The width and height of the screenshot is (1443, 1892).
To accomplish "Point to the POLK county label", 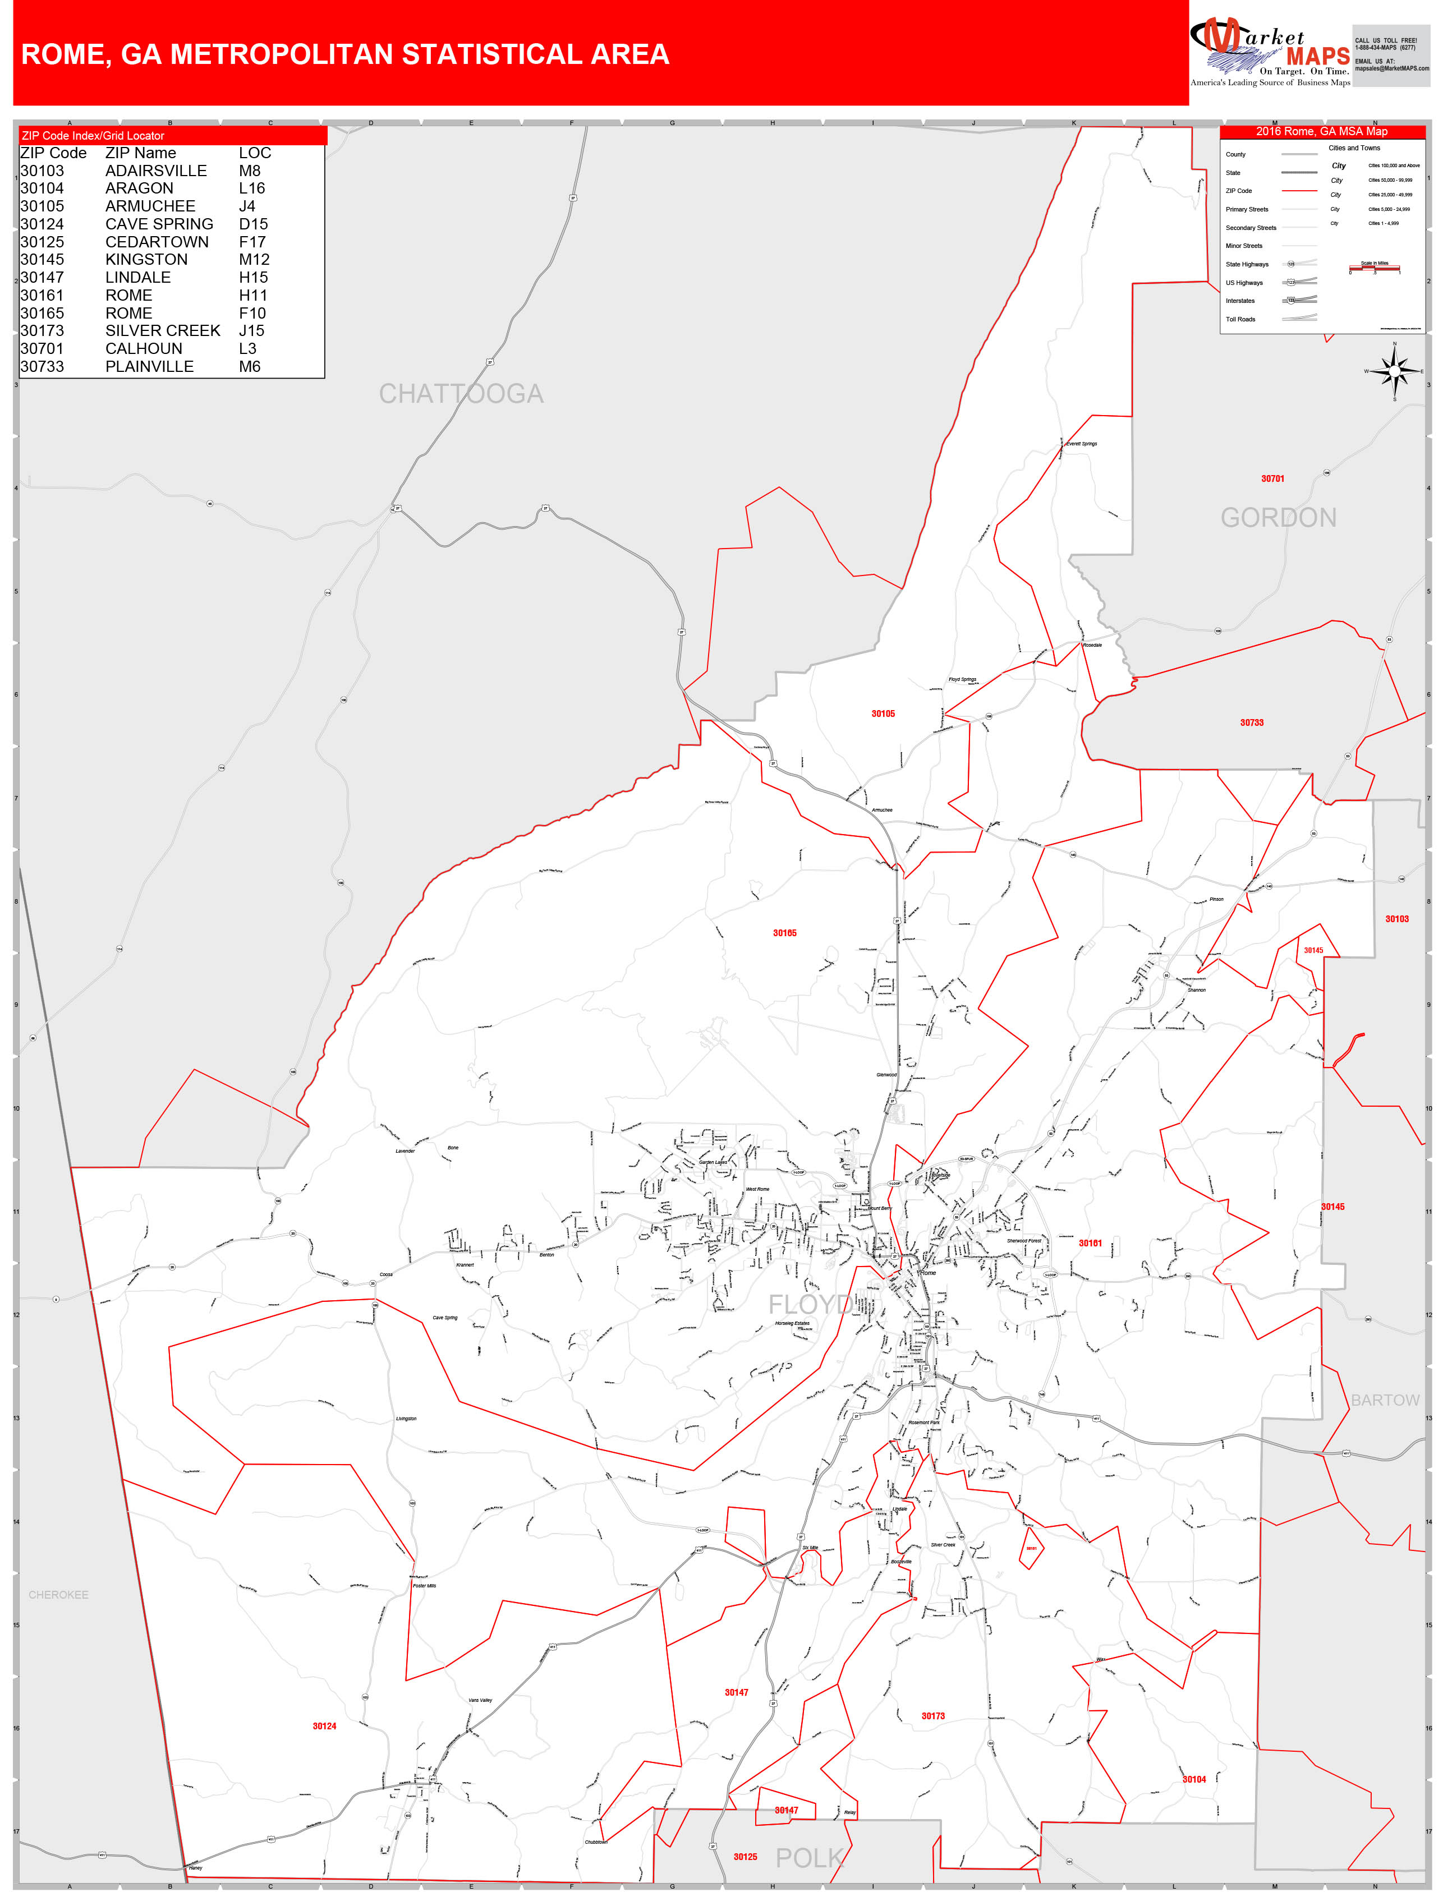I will tap(808, 1858).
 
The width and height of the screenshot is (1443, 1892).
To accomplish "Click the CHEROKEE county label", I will tap(58, 1594).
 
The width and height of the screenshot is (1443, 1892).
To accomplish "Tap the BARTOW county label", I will tap(1385, 1400).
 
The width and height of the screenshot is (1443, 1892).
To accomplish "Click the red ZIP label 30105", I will tap(883, 713).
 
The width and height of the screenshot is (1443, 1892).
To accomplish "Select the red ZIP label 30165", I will tap(784, 933).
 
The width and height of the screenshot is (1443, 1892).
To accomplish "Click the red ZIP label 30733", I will tap(1252, 722).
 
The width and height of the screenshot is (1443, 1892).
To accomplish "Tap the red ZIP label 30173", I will tap(933, 1716).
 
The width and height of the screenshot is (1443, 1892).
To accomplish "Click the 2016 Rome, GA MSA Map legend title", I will tap(1321, 131).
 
